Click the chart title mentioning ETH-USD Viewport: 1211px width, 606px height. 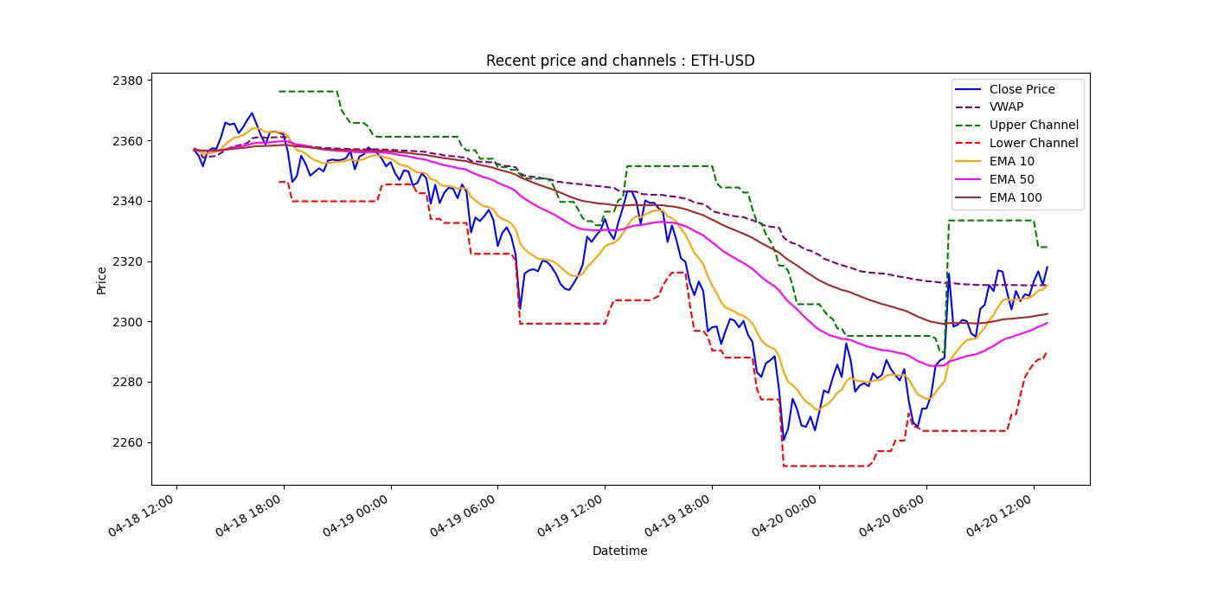point(620,61)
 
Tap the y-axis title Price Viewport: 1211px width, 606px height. point(101,280)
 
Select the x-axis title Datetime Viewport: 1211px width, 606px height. point(619,551)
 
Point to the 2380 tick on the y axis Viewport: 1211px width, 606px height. point(127,81)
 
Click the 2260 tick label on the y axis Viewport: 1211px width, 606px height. point(127,443)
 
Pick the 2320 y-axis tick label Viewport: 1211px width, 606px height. point(127,261)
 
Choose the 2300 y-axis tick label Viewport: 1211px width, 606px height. point(127,322)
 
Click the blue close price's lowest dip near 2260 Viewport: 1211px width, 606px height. point(783,440)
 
